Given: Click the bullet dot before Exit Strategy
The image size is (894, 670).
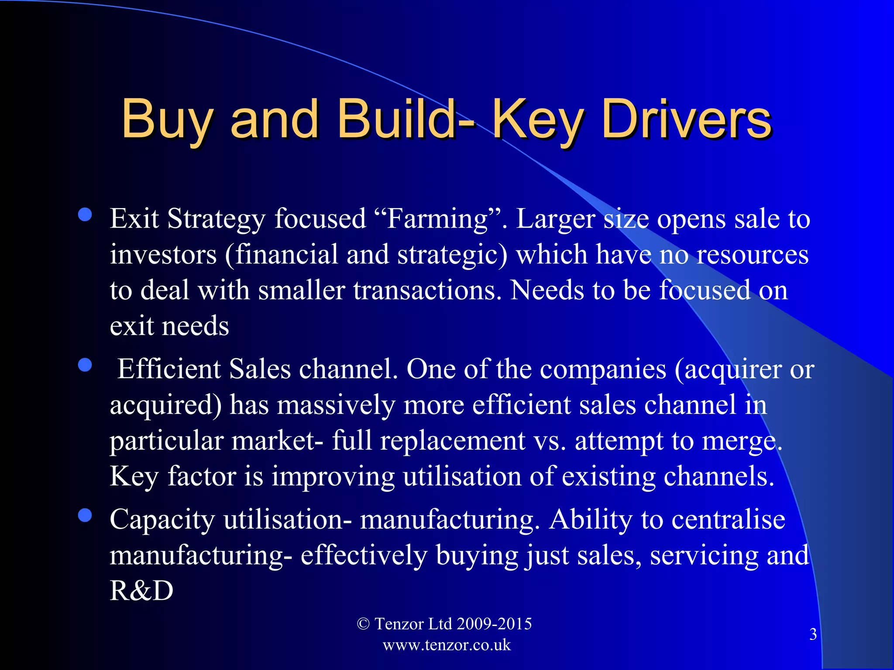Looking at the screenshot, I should click(x=85, y=215).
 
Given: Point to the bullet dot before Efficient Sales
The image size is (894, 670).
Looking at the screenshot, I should click(x=85, y=365).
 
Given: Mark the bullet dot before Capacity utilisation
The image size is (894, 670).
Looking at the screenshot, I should click(x=85, y=516).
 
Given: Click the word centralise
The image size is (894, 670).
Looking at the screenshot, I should click(x=728, y=520).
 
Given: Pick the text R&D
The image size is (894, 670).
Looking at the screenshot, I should click(x=141, y=591).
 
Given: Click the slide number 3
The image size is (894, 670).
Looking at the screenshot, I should click(x=813, y=634).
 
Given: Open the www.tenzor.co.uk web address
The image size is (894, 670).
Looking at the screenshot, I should click(x=447, y=645).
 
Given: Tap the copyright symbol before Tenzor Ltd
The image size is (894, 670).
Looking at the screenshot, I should click(x=363, y=624).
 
